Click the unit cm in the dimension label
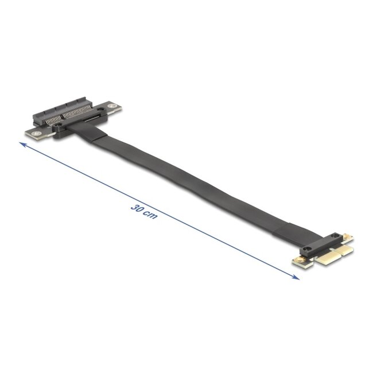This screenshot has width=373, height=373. [150, 216]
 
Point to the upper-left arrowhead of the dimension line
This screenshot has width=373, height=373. [23, 146]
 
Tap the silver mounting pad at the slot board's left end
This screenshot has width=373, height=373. [36, 133]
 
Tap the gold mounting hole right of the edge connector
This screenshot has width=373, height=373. [349, 237]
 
